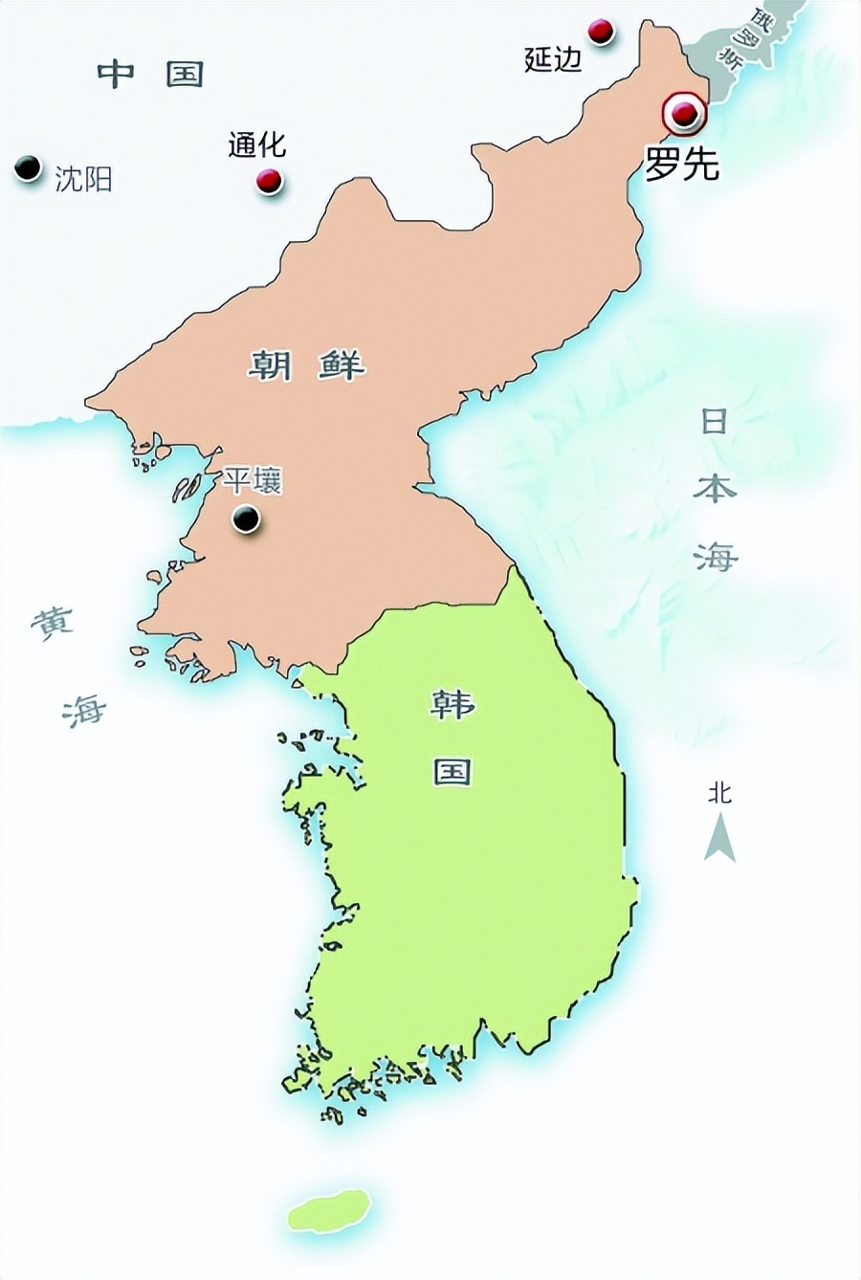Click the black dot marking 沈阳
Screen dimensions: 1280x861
(29, 167)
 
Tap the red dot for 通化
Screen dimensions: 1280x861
(270, 180)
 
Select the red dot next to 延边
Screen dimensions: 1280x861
(601, 31)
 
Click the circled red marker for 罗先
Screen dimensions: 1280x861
(683, 115)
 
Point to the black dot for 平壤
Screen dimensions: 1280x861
(246, 519)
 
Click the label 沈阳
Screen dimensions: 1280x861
(83, 179)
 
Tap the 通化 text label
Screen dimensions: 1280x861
(256, 144)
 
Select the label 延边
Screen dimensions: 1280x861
(553, 59)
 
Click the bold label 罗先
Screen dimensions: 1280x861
(681, 166)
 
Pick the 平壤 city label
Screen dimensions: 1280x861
(253, 480)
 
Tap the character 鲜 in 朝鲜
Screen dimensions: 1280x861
(342, 364)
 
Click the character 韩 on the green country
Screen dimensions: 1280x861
(452, 704)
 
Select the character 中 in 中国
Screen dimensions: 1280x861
(117, 74)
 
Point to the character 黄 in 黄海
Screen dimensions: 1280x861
(51, 625)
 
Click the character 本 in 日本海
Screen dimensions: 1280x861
(715, 488)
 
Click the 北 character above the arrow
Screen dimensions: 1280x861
(719, 792)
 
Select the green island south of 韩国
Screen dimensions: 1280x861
(329, 1210)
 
